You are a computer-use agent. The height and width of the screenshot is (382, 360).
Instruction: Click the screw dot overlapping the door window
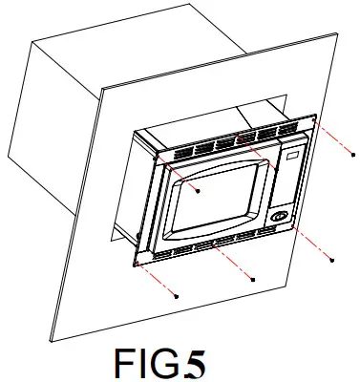click(x=198, y=190)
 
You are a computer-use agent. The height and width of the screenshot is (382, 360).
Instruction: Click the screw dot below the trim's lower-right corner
click(x=330, y=259)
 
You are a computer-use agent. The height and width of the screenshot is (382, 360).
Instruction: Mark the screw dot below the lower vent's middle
click(x=252, y=280)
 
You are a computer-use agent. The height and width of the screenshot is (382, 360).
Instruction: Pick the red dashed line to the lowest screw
click(x=159, y=283)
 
